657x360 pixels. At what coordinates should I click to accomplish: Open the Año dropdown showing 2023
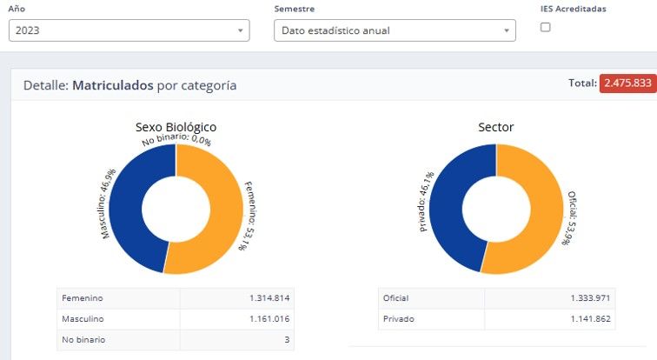(129, 30)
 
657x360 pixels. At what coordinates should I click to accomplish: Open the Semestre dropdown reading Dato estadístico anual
(395, 30)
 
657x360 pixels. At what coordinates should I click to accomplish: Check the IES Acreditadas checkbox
(545, 27)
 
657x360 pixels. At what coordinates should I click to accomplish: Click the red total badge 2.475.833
(627, 83)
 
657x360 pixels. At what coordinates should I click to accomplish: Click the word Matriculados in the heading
(113, 85)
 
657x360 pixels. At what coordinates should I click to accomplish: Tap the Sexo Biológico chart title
(176, 127)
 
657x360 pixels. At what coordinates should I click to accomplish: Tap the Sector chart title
(495, 127)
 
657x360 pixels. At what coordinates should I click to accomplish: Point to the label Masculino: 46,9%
(109, 203)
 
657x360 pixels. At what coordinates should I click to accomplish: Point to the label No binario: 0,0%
(176, 139)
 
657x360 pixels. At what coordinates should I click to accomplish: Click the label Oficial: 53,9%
(571, 218)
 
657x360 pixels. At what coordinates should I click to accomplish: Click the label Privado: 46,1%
(426, 202)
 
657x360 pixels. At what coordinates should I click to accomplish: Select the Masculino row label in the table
(83, 319)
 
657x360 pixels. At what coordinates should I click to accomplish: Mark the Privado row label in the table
(399, 319)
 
